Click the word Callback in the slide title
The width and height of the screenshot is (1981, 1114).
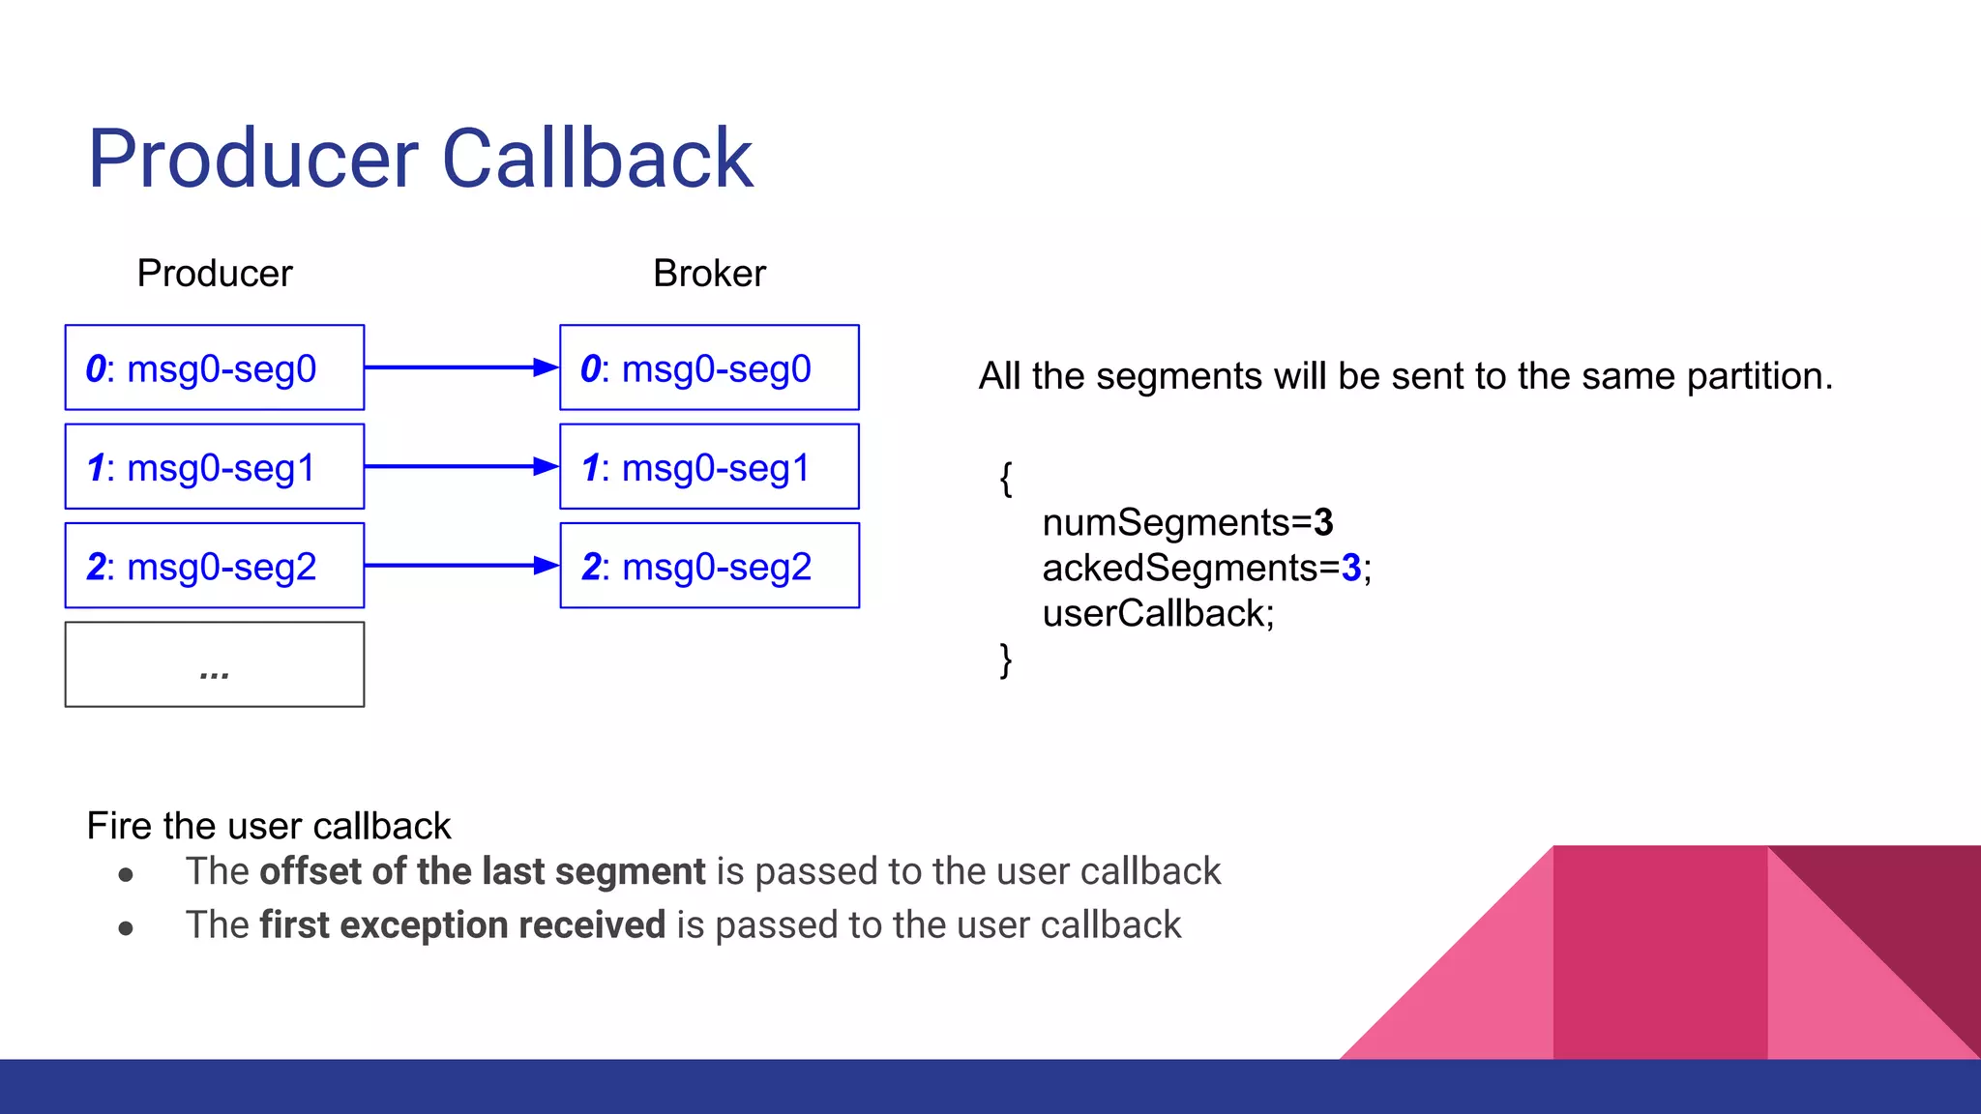tap(597, 159)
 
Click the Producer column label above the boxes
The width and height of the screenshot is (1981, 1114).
tap(215, 274)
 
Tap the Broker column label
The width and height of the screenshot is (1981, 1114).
tap(709, 274)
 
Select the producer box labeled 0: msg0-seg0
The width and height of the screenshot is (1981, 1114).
tap(215, 367)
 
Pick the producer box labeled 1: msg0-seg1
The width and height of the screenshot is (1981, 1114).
tap(215, 467)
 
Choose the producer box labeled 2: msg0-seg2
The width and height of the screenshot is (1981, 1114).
tap(215, 566)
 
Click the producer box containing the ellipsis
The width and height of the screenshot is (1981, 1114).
tap(215, 664)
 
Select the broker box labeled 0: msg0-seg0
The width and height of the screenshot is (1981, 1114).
tap(709, 367)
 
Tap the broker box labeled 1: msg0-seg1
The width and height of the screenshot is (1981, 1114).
tap(709, 467)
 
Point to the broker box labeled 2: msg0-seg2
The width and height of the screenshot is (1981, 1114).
tap(709, 566)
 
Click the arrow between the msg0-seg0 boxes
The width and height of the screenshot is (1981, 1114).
tap(461, 367)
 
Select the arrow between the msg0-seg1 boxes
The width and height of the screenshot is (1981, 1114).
tap(461, 467)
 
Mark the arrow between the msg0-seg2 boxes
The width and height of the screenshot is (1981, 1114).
tap(461, 566)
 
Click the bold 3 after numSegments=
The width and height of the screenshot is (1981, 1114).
tap(1323, 523)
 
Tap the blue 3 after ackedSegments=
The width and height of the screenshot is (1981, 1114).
tap(1351, 569)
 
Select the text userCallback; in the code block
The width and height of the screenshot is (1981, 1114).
tap(1158, 614)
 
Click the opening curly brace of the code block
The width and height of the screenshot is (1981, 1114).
tap(1006, 478)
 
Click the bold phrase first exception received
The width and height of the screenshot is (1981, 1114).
tap(462, 925)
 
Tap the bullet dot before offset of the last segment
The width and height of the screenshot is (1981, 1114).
tap(126, 875)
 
